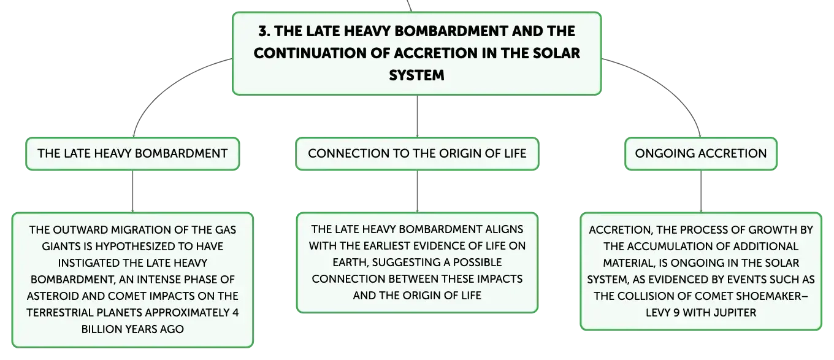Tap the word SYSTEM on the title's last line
coord(416,75)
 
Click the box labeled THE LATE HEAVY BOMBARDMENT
coord(132,154)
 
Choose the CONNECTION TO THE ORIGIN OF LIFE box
coord(417,154)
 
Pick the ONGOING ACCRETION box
coord(701,154)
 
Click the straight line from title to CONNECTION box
coord(417,116)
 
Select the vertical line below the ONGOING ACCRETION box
coord(701,191)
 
